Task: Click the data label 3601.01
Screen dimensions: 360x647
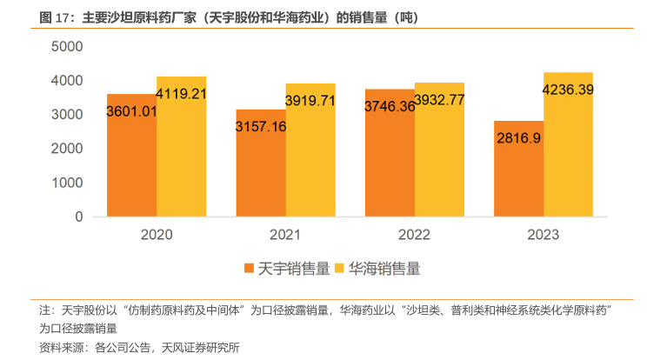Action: (x=131, y=110)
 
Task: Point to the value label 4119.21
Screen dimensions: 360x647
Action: (x=181, y=92)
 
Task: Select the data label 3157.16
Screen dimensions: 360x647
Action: (x=261, y=126)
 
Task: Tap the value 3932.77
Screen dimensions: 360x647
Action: (x=439, y=99)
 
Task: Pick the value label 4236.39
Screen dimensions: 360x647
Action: (x=568, y=89)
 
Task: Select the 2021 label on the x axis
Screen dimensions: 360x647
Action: (x=285, y=235)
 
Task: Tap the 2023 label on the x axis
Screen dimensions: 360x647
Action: (x=543, y=235)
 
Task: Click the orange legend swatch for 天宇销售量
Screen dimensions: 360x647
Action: (x=249, y=269)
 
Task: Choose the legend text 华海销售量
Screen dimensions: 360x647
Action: (x=384, y=269)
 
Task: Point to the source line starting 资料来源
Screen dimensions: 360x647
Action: (x=138, y=347)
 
